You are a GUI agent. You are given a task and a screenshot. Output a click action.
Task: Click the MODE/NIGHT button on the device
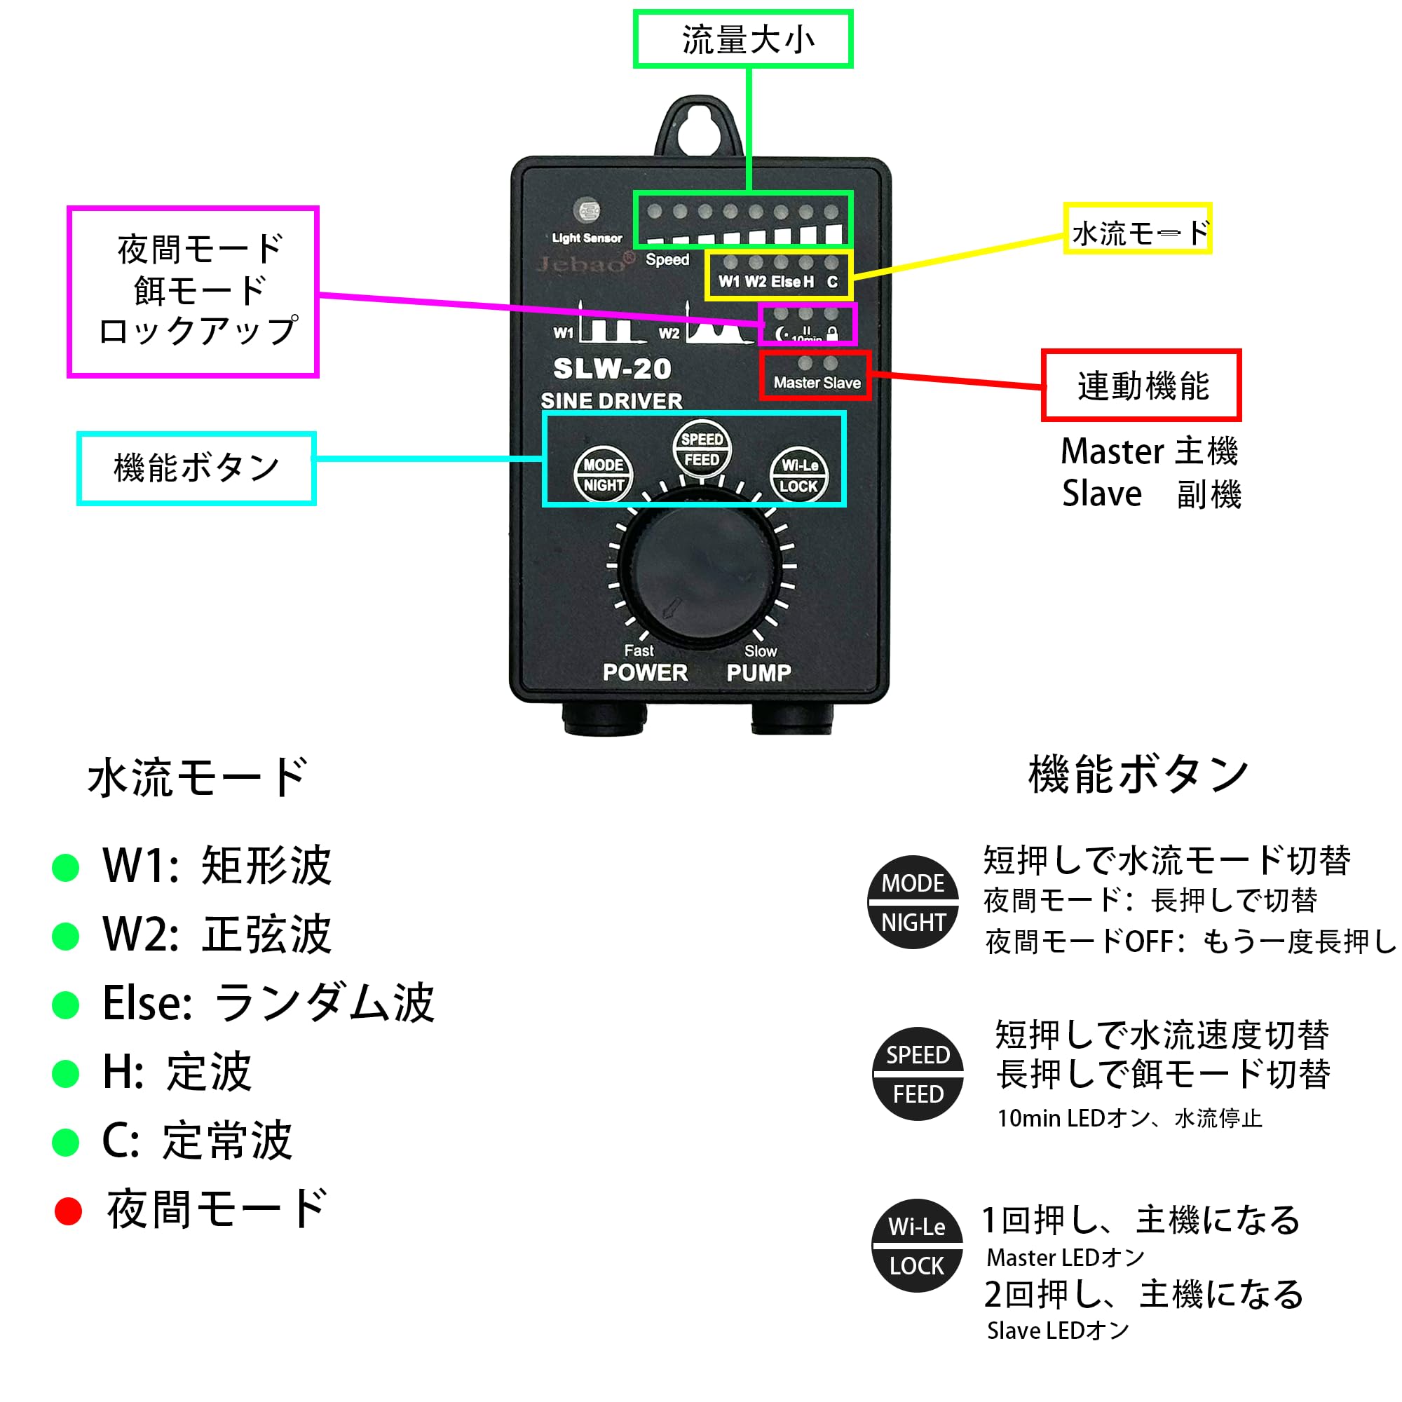603,475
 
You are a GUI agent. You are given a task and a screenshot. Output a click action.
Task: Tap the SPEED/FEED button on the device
702,449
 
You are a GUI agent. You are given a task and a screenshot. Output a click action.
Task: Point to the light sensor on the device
586,211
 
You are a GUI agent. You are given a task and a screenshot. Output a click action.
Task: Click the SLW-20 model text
612,369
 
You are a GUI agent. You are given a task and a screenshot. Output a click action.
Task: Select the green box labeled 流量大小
743,39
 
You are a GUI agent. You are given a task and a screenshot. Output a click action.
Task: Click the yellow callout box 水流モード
1137,229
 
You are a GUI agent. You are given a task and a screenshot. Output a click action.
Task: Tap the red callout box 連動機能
1141,386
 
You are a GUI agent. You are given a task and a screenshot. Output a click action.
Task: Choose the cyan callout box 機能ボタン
196,468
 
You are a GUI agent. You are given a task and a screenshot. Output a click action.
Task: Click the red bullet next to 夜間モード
68,1211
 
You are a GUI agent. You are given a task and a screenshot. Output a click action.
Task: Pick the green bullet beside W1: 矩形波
66,868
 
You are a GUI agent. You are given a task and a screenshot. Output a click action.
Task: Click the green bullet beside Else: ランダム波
66,1005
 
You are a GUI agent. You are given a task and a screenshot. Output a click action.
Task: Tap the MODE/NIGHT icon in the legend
913,902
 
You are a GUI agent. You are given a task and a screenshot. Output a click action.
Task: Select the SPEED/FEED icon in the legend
918,1074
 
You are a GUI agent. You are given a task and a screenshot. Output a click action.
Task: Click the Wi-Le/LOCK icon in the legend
917,1246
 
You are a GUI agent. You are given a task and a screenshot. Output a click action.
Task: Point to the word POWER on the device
645,673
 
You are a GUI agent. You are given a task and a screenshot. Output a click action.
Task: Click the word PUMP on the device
759,673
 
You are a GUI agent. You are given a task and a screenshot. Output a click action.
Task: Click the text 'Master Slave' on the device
817,383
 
